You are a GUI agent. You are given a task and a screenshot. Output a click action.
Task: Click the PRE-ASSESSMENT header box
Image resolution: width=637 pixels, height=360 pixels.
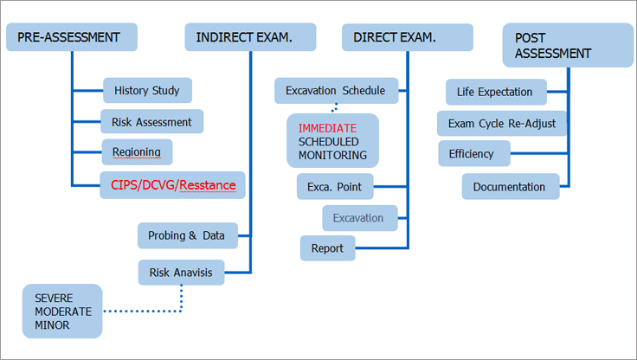72,37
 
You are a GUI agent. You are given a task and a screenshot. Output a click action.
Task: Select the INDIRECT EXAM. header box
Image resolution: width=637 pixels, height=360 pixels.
250,37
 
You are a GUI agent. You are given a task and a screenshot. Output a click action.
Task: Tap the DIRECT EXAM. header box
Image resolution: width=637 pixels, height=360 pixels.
408,37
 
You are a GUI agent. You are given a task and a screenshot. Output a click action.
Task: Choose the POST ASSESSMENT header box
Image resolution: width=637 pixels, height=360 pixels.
568,45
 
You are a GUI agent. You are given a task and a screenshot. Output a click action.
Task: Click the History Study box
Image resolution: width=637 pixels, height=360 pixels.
147,90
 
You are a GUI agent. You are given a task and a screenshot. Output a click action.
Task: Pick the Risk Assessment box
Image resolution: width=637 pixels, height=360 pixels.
152,121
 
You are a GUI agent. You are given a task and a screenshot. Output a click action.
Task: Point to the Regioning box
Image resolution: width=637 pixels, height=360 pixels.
137,152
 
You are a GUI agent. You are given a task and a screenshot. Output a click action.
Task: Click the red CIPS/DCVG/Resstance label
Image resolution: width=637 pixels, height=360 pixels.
173,185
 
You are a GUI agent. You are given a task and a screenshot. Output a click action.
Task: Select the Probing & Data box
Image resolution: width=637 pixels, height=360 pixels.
188,235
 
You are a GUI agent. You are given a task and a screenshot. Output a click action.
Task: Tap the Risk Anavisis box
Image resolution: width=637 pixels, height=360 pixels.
181,273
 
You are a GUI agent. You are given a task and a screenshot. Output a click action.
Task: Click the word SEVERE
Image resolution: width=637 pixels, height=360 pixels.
54,299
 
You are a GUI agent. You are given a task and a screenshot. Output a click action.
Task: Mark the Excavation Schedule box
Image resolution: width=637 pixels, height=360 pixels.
337,91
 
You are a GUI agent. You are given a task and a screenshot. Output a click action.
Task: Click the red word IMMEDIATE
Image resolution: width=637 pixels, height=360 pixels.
327,128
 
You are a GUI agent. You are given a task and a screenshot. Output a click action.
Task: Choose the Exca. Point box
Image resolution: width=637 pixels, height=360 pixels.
335,187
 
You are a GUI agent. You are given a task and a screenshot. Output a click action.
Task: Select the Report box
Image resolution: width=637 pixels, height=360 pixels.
328,247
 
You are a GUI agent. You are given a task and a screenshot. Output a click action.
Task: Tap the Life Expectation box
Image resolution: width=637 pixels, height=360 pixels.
496,92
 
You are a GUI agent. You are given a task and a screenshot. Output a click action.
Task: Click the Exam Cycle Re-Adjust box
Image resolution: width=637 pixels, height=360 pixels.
502,124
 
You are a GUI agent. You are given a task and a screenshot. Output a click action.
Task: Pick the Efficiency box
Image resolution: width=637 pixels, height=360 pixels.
474,153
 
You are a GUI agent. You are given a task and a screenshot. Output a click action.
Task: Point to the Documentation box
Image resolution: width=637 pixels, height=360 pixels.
511,187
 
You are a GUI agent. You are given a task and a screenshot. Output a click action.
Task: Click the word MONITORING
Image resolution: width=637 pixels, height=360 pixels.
332,155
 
